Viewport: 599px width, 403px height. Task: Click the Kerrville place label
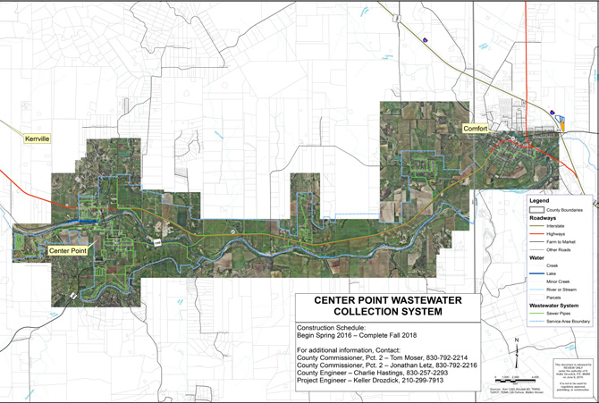click(37, 140)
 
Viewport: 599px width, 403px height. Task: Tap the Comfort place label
click(475, 129)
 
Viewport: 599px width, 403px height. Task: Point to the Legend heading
click(537, 200)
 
